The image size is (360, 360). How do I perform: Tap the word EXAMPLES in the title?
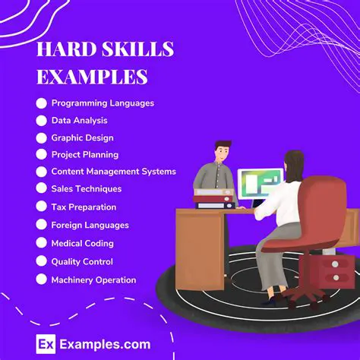[92, 77]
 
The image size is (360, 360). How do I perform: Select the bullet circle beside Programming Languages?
[41, 103]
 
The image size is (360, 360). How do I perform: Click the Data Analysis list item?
[79, 120]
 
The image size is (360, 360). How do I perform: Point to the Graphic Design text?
[82, 137]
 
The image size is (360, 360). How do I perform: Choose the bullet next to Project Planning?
[41, 154]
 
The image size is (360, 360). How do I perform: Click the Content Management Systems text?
[113, 172]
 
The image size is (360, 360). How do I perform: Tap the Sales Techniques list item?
[86, 189]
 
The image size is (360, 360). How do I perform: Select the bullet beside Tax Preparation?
[41, 207]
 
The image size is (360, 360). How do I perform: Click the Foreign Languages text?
[90, 225]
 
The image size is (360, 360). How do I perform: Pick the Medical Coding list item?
[82, 243]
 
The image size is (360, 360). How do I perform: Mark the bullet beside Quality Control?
[41, 261]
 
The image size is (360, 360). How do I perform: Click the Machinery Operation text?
[93, 279]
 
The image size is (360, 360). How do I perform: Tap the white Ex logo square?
[46, 344]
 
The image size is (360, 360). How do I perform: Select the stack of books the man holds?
[214, 199]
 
